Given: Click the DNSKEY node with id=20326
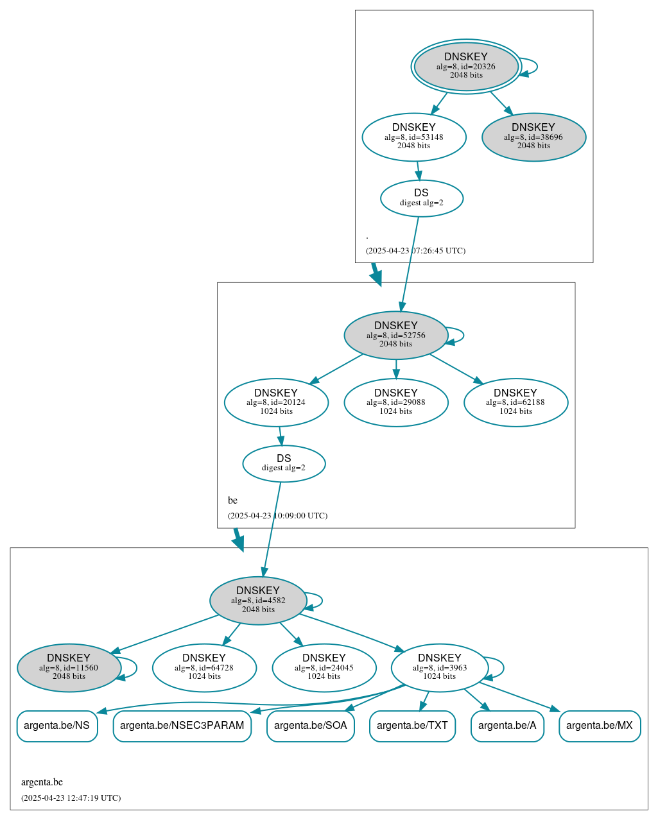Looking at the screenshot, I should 466,67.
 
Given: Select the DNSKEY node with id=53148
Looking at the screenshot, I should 414,137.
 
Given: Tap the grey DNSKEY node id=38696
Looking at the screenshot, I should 533,137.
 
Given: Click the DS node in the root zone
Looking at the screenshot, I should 422,198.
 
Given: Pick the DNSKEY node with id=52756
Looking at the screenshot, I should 396,335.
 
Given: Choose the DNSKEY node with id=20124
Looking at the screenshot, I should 276,402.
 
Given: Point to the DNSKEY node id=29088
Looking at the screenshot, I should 396,402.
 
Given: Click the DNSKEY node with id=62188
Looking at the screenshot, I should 515,402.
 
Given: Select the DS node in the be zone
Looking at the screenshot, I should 284,463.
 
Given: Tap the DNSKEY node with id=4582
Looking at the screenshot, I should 258,601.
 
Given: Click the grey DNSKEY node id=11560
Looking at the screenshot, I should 69,668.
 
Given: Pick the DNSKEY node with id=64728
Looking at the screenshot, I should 204,668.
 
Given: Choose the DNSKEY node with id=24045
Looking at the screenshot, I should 324,668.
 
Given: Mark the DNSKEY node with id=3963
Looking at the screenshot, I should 440,668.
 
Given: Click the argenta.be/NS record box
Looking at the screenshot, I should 57,726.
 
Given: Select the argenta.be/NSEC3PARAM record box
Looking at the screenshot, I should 182,726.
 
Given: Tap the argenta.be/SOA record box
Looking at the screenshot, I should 311,726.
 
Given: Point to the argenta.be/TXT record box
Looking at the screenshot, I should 412,726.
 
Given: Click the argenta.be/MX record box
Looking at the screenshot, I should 600,726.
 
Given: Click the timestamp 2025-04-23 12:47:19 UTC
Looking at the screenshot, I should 71,798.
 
